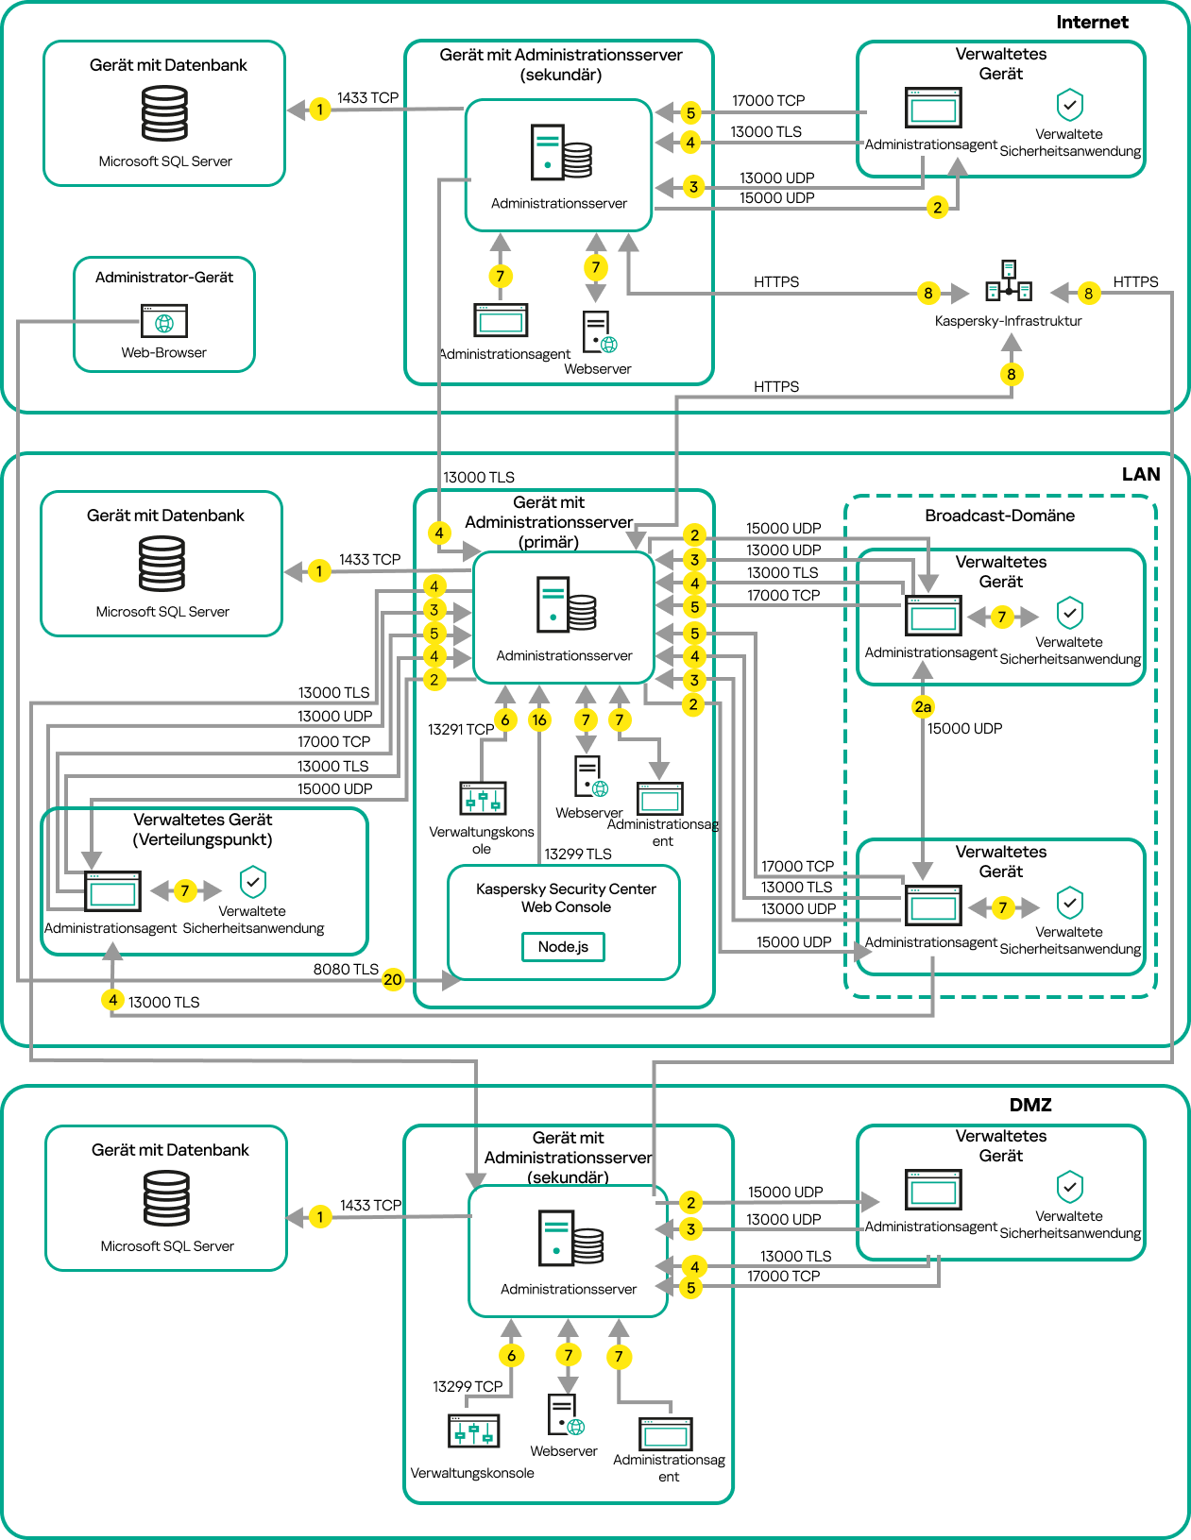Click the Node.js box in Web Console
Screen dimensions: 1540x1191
[563, 946]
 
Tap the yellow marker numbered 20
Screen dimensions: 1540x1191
[393, 979]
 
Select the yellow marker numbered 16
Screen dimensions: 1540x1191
[539, 719]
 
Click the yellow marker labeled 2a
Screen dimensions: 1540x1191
[923, 706]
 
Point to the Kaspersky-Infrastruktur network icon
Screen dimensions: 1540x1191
[1009, 281]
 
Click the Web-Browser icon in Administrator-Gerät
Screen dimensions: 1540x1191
[164, 321]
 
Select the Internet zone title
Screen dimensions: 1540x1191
[1092, 22]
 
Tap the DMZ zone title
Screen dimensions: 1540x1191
[1030, 1105]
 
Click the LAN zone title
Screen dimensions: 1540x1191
[1140, 474]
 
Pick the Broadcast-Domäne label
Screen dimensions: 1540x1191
[999, 516]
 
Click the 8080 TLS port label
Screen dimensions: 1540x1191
[346, 969]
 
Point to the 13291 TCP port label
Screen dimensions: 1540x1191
[461, 729]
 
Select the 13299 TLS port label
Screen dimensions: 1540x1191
[578, 854]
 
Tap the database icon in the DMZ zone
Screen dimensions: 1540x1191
[166, 1198]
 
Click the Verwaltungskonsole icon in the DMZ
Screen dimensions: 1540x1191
[473, 1431]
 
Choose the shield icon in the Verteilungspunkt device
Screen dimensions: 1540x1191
[253, 882]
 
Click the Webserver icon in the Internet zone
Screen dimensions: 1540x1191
[598, 332]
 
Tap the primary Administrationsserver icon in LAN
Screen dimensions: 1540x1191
[566, 604]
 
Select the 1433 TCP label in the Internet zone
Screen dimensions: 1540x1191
[367, 97]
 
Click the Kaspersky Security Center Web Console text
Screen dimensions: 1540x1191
[566, 898]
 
